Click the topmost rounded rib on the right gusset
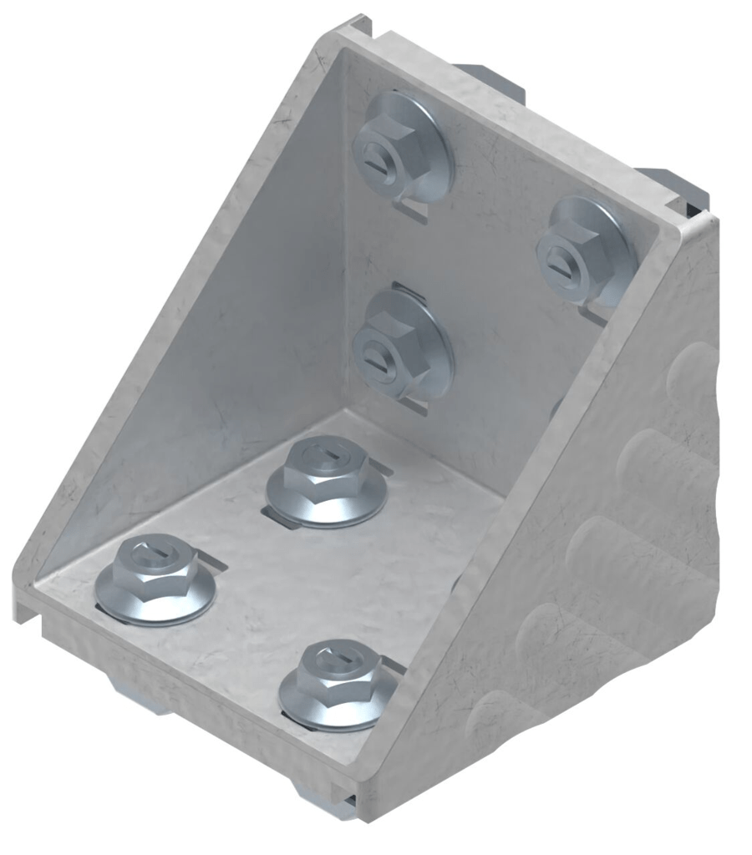point(694,367)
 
